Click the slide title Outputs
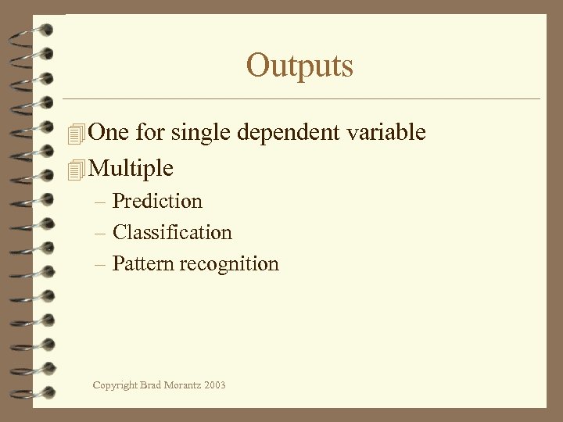(299, 66)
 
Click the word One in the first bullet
(109, 133)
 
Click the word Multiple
(131, 169)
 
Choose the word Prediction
(157, 202)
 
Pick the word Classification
(172, 233)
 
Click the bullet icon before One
(75, 134)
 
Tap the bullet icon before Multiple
(75, 169)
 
